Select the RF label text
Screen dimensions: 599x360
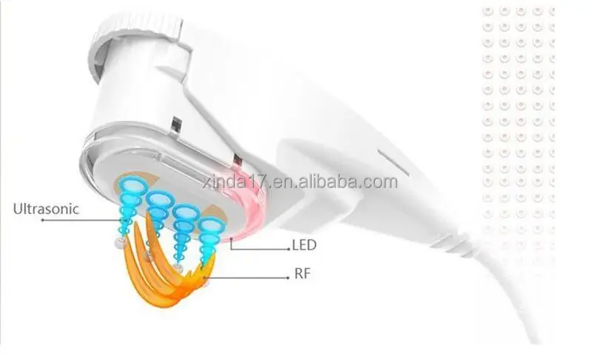click(x=301, y=274)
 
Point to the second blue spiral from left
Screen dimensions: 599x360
click(x=158, y=210)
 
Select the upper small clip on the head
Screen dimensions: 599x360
click(x=175, y=125)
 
